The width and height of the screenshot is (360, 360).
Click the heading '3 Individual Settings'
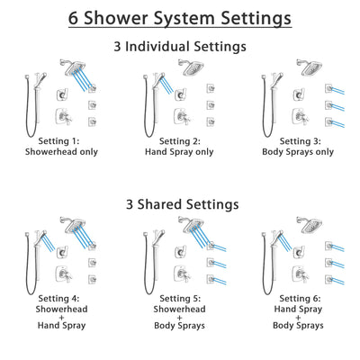click(180, 45)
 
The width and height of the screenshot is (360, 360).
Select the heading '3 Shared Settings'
click(180, 205)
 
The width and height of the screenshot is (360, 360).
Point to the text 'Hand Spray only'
click(179, 151)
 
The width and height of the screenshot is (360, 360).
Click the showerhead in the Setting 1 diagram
click(76, 65)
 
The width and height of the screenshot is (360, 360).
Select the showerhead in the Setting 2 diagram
click(192, 65)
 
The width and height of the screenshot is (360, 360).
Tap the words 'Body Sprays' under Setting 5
click(180, 337)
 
